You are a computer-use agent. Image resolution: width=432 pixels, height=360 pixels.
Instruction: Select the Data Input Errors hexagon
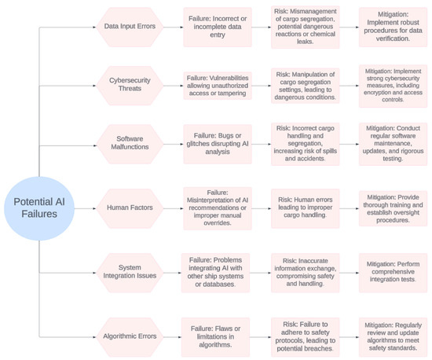129,26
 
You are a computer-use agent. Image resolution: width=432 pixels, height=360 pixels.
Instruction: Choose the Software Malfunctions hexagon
129,143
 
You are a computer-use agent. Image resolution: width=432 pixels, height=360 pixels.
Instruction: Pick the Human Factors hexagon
129,208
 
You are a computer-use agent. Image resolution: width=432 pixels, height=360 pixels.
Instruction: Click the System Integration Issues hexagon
129,272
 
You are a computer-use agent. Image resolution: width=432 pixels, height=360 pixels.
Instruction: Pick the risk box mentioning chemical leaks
307,26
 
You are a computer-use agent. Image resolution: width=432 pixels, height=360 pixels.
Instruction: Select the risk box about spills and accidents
307,143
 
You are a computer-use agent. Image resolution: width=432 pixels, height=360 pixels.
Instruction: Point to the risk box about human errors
307,208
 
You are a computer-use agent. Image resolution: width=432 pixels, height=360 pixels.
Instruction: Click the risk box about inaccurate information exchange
307,272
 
